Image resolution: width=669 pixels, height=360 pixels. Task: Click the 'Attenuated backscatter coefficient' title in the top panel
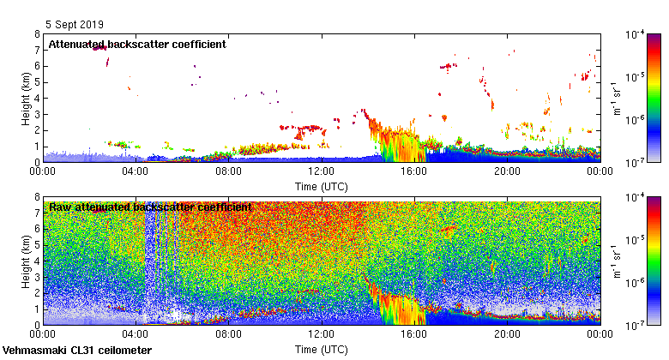point(137,44)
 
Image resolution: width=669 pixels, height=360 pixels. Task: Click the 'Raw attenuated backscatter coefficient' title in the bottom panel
point(150,207)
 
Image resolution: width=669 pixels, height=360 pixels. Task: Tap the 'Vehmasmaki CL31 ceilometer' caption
point(77,351)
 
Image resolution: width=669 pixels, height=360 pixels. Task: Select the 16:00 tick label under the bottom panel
point(414,334)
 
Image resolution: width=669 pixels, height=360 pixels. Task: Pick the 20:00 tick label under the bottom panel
point(507,334)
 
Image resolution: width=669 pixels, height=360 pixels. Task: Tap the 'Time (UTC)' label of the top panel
point(322,184)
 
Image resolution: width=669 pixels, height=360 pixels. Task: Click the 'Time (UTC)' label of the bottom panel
point(322,349)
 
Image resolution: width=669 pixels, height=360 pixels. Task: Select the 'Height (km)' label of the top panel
point(26,98)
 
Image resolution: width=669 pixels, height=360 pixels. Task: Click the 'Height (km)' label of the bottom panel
point(26,261)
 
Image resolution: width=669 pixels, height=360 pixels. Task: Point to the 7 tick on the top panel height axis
point(36,51)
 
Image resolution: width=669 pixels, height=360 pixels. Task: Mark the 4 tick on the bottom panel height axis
point(36,261)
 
